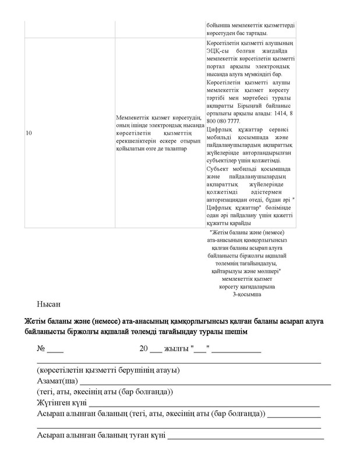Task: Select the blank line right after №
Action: point(55,352)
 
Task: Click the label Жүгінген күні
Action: point(62,403)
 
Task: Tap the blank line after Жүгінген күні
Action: point(204,404)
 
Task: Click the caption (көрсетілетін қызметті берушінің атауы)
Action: point(107,370)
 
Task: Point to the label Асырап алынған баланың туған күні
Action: point(101,435)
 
